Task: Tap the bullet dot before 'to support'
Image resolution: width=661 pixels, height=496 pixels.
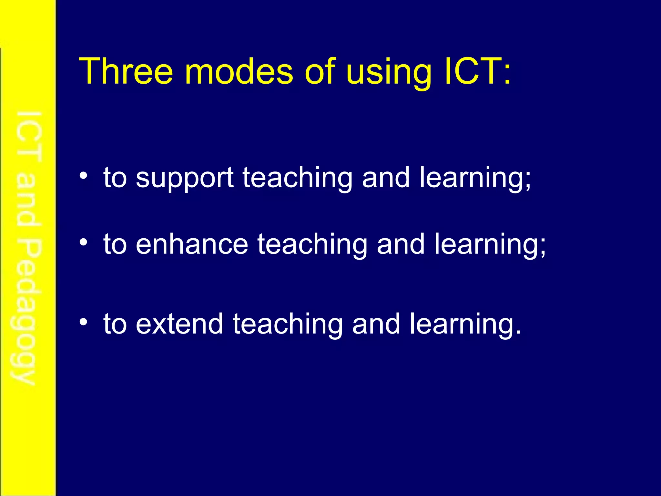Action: [x=84, y=176]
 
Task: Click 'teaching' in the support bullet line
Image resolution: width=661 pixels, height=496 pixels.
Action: [x=297, y=178]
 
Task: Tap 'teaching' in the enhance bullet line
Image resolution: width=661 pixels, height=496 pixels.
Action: [x=312, y=245]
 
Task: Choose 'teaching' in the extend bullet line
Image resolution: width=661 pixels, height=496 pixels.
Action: [x=288, y=325]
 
